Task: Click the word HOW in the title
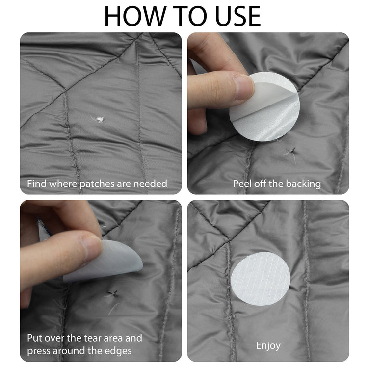pos(135,16)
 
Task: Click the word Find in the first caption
pos(37,184)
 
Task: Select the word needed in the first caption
pos(150,184)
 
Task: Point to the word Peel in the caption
pos(242,184)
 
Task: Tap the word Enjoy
pos(268,346)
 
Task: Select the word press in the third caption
pos(39,352)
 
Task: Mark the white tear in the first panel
pos(98,119)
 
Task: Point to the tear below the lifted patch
pos(112,294)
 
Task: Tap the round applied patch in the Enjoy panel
pos(261,279)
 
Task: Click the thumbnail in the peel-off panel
pos(243,87)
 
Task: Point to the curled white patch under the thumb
pos(103,261)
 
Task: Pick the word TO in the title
pos(191,16)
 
